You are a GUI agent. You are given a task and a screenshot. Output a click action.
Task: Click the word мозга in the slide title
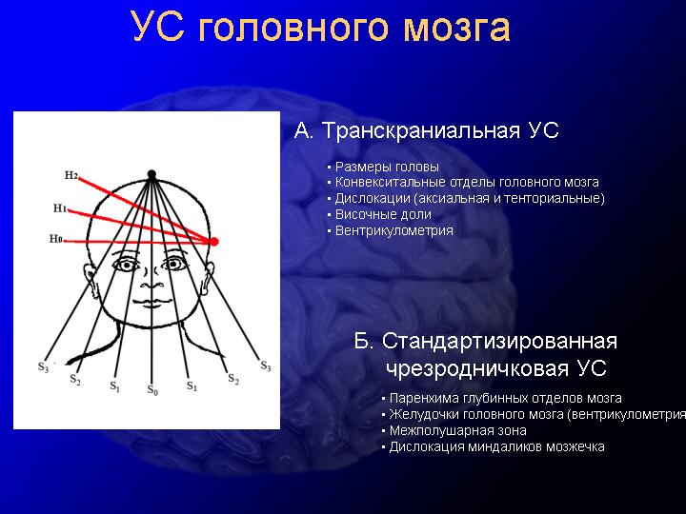click(456, 28)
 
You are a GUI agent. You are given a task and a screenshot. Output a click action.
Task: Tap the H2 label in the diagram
click(71, 175)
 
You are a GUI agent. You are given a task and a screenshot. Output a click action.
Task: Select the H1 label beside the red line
click(59, 208)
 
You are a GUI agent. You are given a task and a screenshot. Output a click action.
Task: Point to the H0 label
click(55, 239)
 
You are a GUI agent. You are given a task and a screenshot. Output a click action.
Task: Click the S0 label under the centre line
click(152, 390)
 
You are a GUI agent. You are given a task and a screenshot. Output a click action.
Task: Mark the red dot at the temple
click(214, 241)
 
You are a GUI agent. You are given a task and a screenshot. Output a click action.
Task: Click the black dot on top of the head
click(151, 174)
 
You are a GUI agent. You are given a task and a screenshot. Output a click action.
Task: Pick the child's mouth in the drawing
click(151, 302)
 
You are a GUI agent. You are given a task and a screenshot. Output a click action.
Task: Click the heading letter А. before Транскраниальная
click(304, 130)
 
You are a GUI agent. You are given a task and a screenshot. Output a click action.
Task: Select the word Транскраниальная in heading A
click(421, 130)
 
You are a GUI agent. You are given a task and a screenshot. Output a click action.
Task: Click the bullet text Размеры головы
click(387, 167)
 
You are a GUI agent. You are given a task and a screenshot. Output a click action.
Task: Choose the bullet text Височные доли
click(383, 214)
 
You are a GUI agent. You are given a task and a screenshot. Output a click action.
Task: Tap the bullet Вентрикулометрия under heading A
click(394, 230)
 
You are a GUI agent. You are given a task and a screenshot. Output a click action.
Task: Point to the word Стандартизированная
click(499, 342)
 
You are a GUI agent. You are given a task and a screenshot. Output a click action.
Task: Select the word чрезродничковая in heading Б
click(477, 368)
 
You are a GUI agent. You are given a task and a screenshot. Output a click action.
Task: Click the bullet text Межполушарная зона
click(458, 430)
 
